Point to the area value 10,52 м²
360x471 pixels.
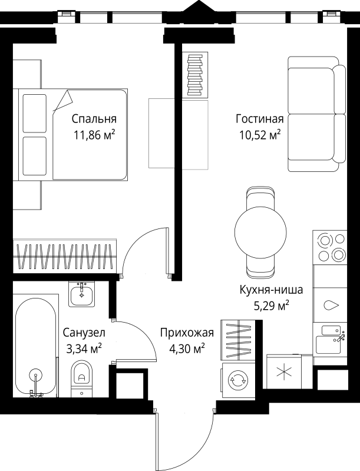pos(259,136)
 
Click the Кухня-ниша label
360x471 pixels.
pos(271,289)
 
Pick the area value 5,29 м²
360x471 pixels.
pos(271,306)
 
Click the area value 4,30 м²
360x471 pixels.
pos(187,349)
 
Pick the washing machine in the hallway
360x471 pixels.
pos(239,379)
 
